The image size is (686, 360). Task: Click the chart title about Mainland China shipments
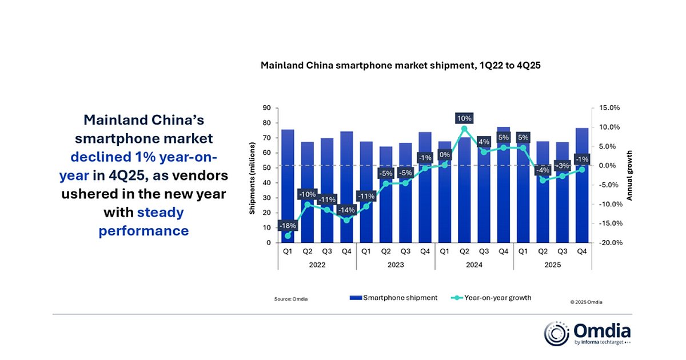[x=400, y=66]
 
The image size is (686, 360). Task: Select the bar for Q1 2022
[x=288, y=189]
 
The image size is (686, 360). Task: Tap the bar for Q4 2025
[x=582, y=189]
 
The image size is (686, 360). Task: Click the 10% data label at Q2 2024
[x=464, y=118]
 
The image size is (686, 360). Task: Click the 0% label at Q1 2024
[x=444, y=154]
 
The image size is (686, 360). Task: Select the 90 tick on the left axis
[x=267, y=108]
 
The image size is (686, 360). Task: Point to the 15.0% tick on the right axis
[x=609, y=108]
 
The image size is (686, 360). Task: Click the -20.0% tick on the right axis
[x=609, y=243]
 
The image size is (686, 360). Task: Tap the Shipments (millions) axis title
[x=252, y=175]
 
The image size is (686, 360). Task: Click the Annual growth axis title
[x=630, y=175]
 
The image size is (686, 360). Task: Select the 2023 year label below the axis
[x=396, y=265]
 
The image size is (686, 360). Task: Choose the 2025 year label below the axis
[x=552, y=265]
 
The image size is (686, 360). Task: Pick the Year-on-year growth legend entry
[x=492, y=298]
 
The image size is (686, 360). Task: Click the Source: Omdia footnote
[x=291, y=299]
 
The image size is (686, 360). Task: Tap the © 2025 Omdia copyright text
[x=586, y=302]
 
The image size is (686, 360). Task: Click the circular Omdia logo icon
[x=556, y=334]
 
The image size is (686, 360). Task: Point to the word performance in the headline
[x=143, y=231]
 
